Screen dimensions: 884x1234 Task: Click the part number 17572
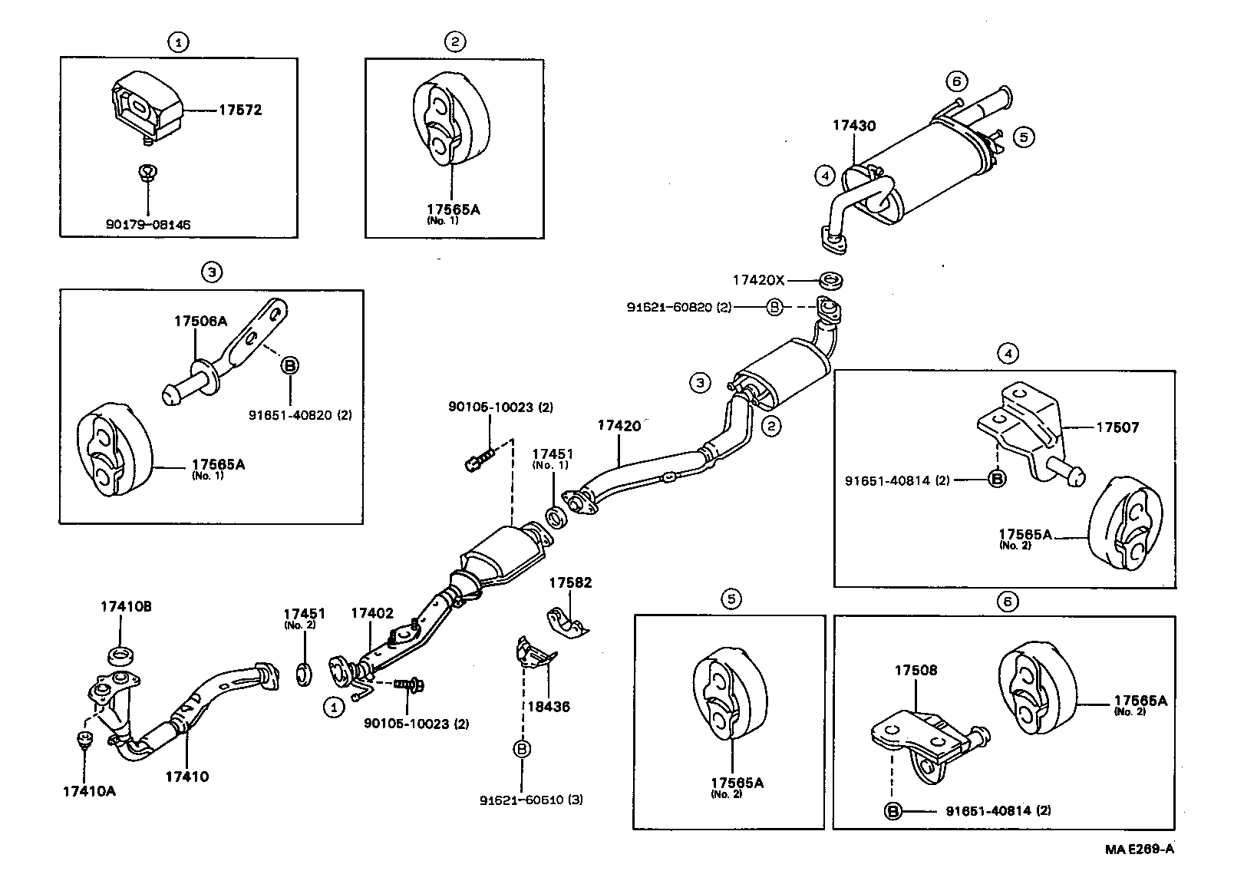[240, 110]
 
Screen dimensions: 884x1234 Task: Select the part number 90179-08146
[148, 224]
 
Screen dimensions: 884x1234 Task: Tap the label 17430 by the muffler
[854, 126]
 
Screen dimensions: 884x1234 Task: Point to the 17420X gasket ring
[832, 281]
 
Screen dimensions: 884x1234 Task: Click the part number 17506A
[200, 322]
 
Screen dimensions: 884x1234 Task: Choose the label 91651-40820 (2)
[300, 414]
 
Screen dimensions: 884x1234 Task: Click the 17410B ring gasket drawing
[121, 656]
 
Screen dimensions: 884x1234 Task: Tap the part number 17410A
[89, 791]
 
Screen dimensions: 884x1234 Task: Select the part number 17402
[372, 613]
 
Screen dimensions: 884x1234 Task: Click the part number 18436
[548, 707]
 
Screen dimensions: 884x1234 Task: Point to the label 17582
[570, 583]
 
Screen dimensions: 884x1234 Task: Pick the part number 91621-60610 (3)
[531, 800]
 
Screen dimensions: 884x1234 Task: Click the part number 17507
[1117, 427]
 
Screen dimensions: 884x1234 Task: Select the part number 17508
[916, 670]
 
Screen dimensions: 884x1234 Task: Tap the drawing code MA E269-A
[1139, 849]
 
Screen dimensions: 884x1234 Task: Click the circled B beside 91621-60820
[774, 307]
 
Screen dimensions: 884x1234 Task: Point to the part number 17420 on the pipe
[619, 425]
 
